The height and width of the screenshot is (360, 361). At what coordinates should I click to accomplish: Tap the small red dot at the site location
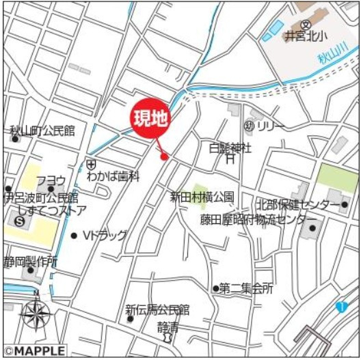click(164, 157)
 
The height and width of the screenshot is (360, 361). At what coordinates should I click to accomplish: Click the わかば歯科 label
click(113, 176)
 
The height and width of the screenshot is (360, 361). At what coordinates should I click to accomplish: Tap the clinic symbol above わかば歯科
click(91, 164)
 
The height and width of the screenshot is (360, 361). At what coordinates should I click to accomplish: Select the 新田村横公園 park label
click(202, 197)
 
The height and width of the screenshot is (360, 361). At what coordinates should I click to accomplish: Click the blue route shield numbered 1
click(341, 307)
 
